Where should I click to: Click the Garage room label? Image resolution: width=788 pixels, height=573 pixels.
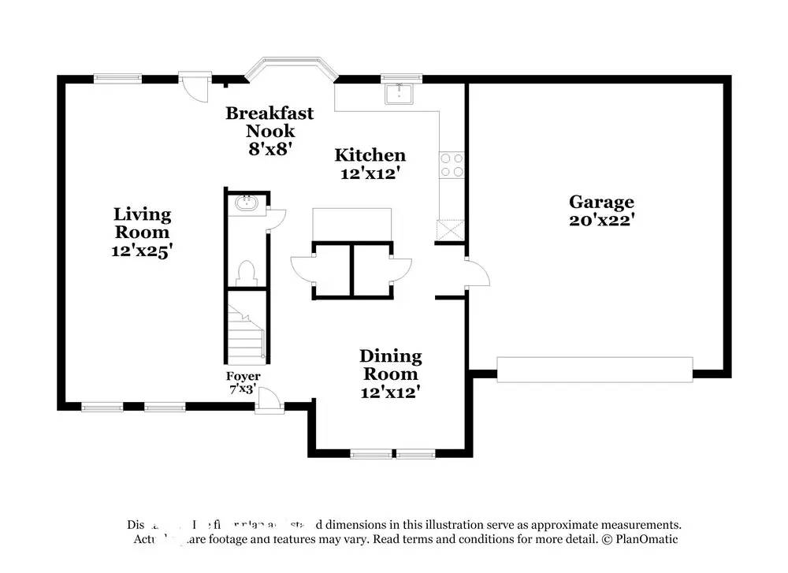pyautogui.click(x=601, y=202)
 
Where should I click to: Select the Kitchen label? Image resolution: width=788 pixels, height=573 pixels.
pyautogui.click(x=370, y=155)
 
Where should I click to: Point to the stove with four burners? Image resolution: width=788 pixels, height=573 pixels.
pyautogui.click(x=452, y=164)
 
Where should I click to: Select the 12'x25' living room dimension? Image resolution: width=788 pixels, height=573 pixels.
pyautogui.click(x=142, y=251)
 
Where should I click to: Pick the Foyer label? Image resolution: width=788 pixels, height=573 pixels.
pyautogui.click(x=243, y=377)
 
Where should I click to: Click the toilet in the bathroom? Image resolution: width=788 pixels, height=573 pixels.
pyautogui.click(x=246, y=272)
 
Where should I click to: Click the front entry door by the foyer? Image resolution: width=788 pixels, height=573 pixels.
pyautogui.click(x=269, y=402)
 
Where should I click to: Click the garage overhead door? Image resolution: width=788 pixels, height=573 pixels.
pyautogui.click(x=594, y=370)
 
